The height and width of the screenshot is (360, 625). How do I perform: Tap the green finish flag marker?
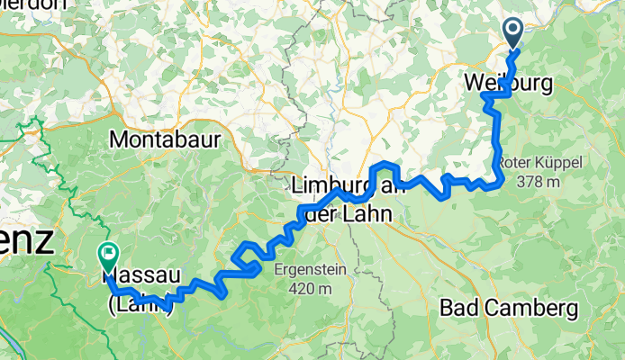coord(107,255)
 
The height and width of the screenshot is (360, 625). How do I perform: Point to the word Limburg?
coord(329,187)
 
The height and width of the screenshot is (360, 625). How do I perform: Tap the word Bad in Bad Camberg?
coord(458,309)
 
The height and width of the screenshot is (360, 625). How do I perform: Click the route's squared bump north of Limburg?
coord(385,166)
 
